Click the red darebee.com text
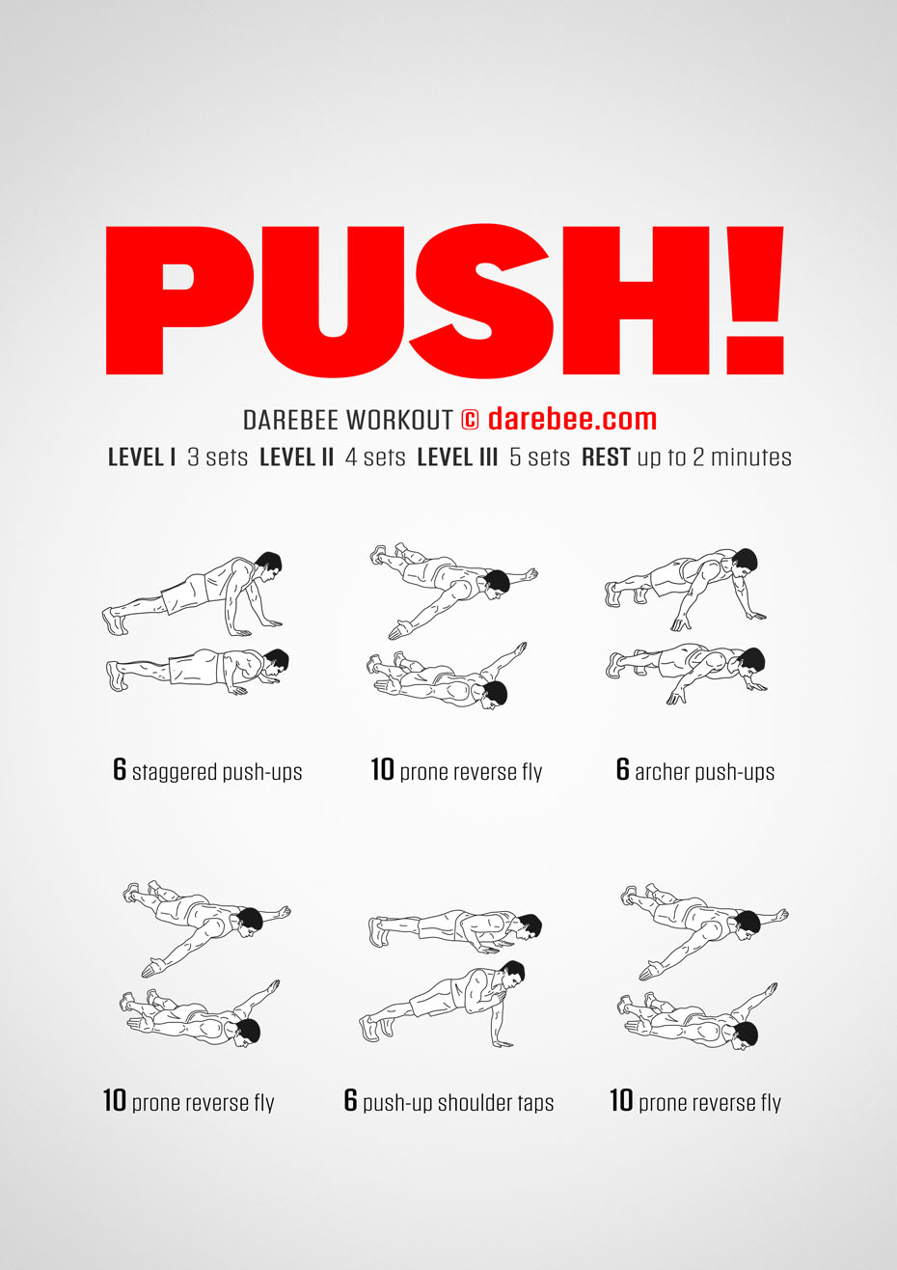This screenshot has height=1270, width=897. pos(572,419)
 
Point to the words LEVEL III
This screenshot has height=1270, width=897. pos(457,457)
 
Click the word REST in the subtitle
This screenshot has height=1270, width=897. pos(606,457)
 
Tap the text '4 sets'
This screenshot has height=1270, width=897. pos(375,457)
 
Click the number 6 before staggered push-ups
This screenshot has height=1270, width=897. pos(119,769)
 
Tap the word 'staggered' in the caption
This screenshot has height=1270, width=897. pos(175,773)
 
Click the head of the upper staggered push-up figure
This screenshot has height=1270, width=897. pos(268,566)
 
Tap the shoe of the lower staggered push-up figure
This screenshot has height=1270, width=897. pos(116,676)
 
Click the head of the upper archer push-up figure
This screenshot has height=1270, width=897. pos(744,563)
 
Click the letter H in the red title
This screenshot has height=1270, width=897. pos(637,300)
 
